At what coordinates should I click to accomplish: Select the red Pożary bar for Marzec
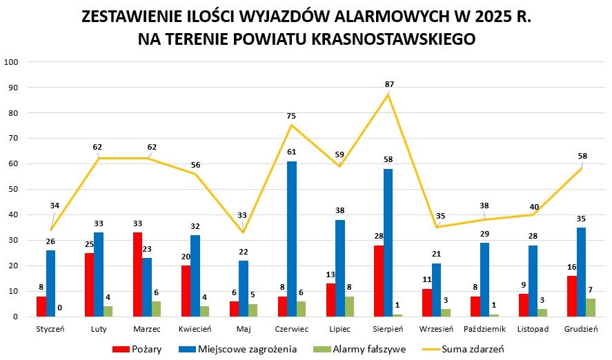tap(137, 274)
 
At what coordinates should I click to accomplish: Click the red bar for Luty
tap(89, 285)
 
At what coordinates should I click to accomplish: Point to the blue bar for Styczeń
tap(50, 283)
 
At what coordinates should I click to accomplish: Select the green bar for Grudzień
tap(591, 308)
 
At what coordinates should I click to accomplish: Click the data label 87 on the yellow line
tap(390, 84)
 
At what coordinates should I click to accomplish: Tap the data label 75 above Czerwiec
tap(291, 116)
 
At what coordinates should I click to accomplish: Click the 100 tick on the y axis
tap(11, 62)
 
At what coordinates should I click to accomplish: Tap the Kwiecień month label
tap(195, 330)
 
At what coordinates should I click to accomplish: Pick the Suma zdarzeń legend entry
tap(474, 349)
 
